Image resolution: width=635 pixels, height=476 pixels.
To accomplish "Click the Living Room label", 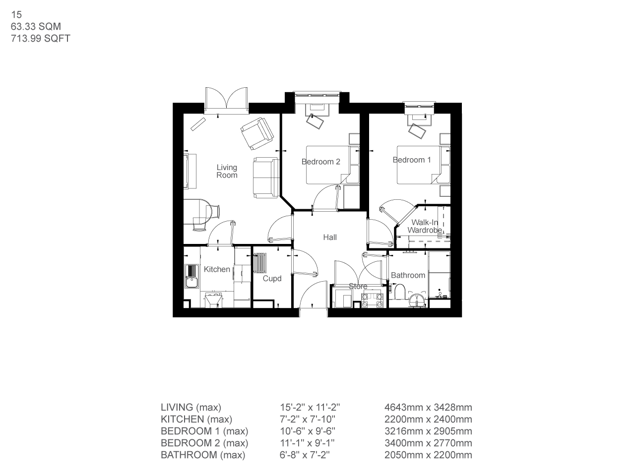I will (x=227, y=171).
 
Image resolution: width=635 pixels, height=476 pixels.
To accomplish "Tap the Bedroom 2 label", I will (x=320, y=162).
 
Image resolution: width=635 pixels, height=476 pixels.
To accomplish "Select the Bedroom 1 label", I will (x=412, y=160).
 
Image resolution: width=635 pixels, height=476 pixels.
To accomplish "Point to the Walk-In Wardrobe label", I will (x=425, y=227).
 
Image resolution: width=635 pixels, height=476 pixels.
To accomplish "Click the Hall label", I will (x=330, y=238).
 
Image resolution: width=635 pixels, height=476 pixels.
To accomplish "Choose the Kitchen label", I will (x=217, y=269).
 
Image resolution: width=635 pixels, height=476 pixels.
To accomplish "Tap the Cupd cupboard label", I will (x=272, y=279).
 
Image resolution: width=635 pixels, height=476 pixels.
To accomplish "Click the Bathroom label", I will (x=408, y=275).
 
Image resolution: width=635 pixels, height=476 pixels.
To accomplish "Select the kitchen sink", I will (x=191, y=277).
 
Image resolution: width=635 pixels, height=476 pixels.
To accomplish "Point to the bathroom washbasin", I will (x=417, y=298).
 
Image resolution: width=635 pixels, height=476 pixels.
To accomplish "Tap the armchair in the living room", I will (x=256, y=133).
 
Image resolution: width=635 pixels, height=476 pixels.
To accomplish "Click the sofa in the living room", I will (x=265, y=177).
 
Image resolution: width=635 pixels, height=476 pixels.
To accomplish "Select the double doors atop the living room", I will (x=227, y=99).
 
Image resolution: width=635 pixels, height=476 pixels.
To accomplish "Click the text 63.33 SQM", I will (x=36, y=27).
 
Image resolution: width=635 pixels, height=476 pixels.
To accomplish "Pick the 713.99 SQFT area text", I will (x=40, y=38).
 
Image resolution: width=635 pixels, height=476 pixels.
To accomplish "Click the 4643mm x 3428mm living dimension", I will (x=428, y=408).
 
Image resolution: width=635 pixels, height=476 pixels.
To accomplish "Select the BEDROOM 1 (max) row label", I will (x=204, y=431).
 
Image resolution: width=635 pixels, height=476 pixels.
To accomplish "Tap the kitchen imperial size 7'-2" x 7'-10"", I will (x=310, y=419).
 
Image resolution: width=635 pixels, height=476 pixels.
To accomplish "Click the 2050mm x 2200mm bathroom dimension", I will (x=428, y=455).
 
